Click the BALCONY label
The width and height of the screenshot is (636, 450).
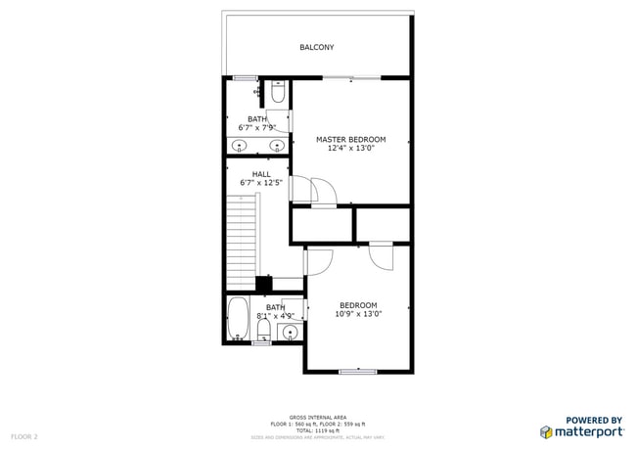[x=316, y=47]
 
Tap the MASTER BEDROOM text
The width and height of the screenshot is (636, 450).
[x=350, y=140]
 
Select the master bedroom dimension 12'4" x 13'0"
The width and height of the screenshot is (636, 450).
[x=350, y=150]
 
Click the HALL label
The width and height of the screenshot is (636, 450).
[x=261, y=174]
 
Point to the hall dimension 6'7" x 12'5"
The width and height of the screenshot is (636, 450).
[x=261, y=183]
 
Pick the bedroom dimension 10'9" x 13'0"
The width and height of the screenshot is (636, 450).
[x=358, y=314]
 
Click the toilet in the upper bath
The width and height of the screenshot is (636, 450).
[x=278, y=92]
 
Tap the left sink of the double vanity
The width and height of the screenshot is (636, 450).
[x=240, y=147]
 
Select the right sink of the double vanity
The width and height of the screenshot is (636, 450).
[x=277, y=147]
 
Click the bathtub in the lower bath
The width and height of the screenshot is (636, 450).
[x=238, y=319]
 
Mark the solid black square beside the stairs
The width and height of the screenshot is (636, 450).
[x=263, y=284]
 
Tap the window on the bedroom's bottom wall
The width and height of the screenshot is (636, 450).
[x=357, y=371]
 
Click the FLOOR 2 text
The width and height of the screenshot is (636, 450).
[x=24, y=435]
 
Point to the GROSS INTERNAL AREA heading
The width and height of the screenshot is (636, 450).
[x=317, y=416]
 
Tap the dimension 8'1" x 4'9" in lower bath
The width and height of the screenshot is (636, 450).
[x=275, y=316]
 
